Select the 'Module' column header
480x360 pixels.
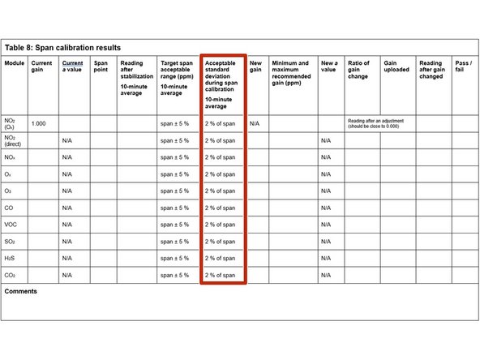tap(15, 63)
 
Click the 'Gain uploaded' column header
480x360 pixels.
tap(396, 66)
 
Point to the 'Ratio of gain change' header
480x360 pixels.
tap(358, 70)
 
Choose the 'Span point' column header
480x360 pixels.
tap(101, 66)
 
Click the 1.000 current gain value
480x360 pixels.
tap(38, 123)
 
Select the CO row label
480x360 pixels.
tap(10, 208)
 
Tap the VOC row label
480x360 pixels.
tap(12, 225)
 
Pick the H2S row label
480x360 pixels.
tap(11, 259)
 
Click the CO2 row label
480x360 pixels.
tap(11, 276)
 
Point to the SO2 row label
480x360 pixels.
tap(11, 242)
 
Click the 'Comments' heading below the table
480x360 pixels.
tap(21, 291)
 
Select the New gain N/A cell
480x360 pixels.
tap(255, 123)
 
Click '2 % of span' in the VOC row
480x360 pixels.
tap(221, 225)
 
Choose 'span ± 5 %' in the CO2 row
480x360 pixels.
tap(175, 276)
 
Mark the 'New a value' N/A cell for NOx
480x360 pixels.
tap(326, 156)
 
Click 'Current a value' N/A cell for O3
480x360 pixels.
tap(68, 191)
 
